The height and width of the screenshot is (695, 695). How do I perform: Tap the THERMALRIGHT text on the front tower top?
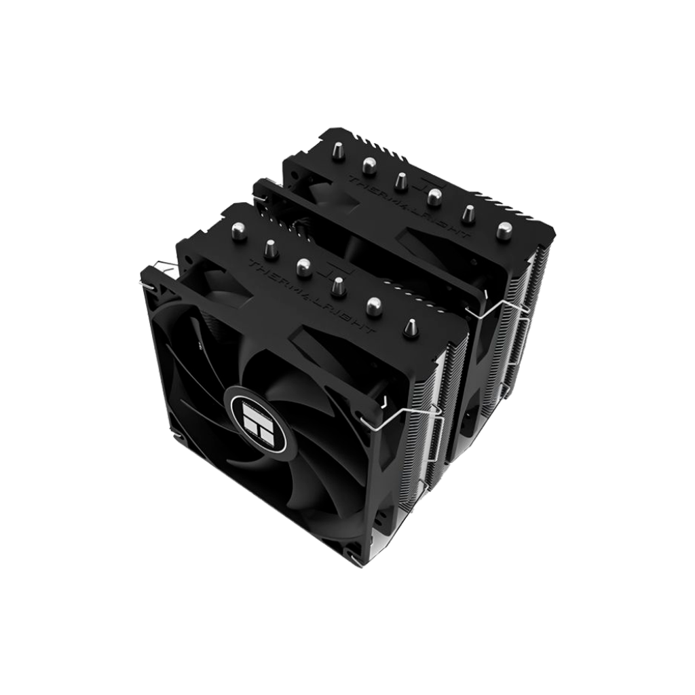[x=312, y=297]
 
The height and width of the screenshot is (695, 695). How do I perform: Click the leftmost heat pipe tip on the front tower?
[x=239, y=231]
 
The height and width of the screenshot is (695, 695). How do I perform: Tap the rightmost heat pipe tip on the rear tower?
[x=502, y=230]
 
